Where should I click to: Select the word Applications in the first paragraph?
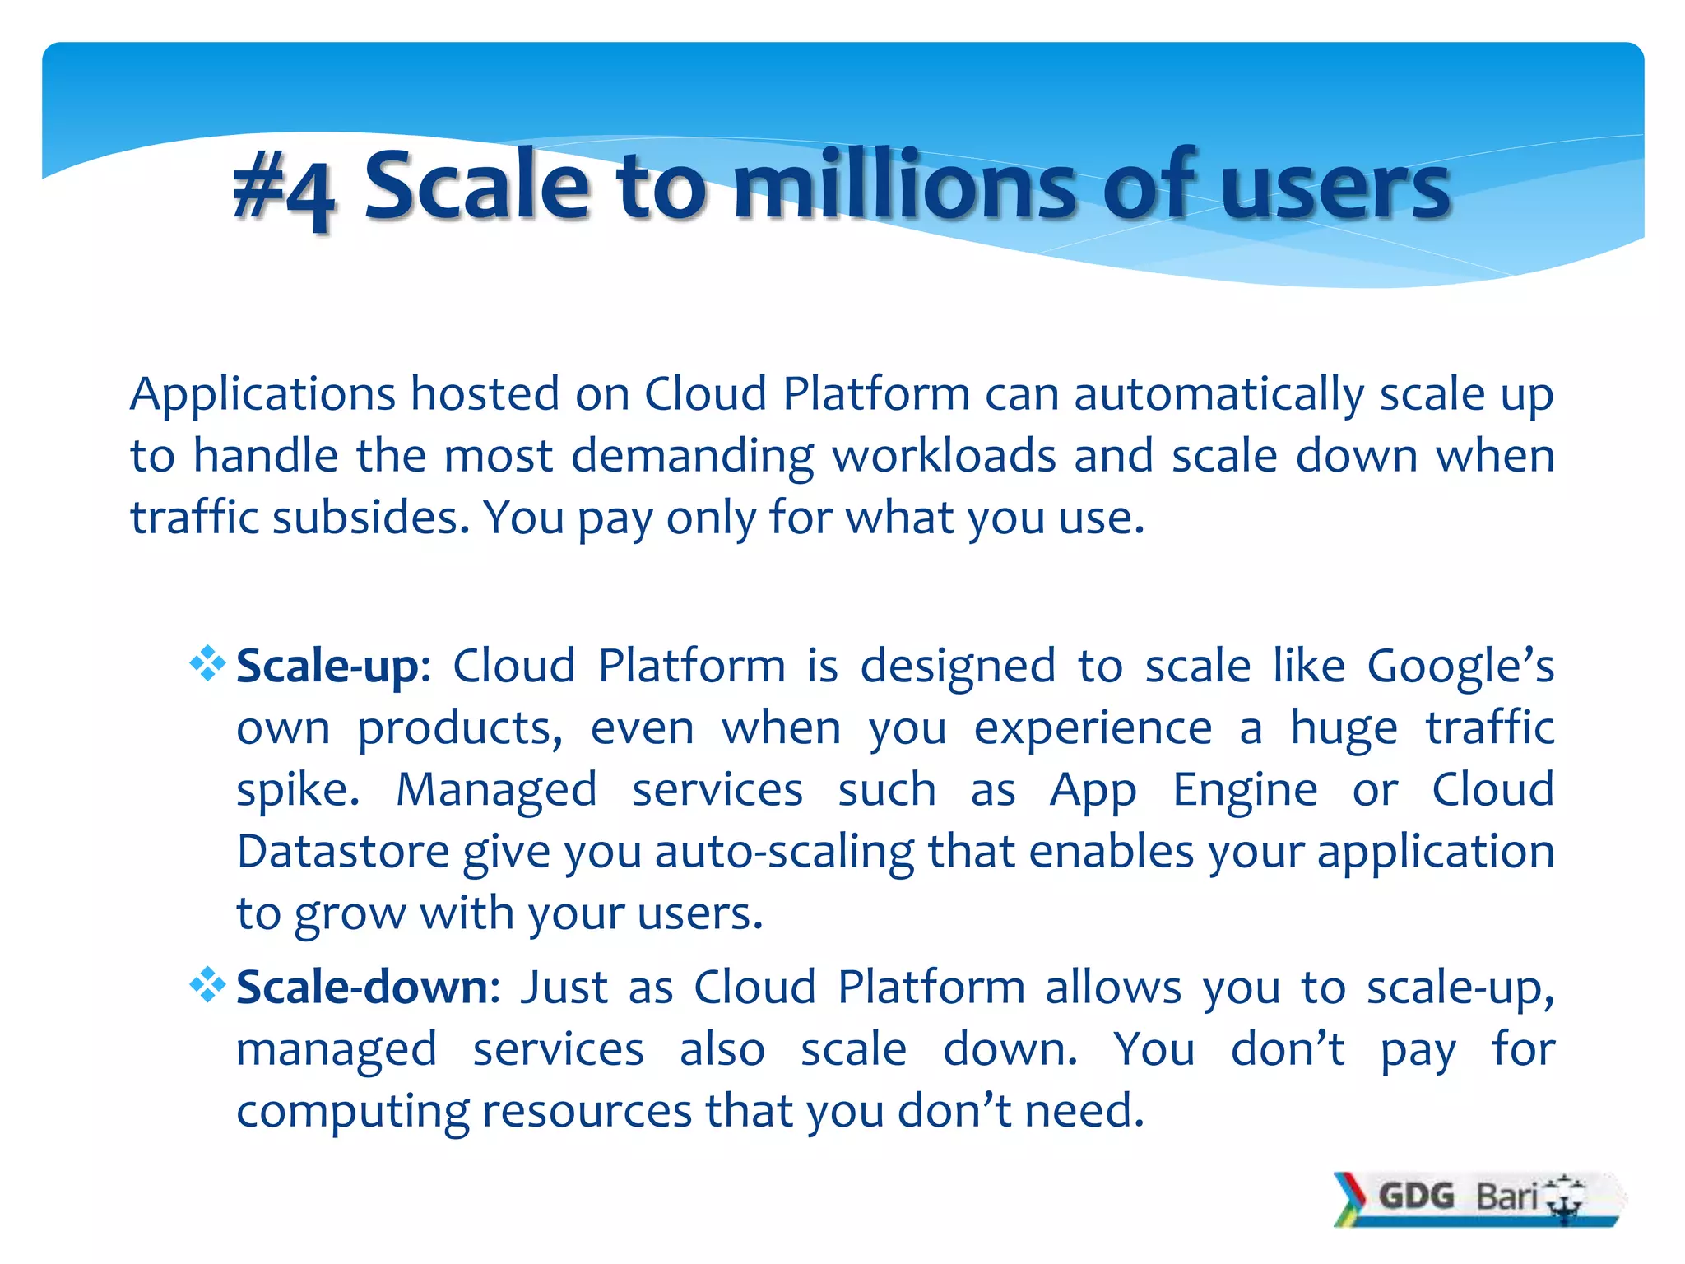pyautogui.click(x=263, y=394)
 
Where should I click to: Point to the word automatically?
pyautogui.click(x=1218, y=394)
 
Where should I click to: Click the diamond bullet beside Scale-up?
pyautogui.click(x=207, y=663)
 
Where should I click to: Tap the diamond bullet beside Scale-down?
pyautogui.click(x=207, y=984)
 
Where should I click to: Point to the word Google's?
pyautogui.click(x=1460, y=666)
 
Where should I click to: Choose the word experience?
pyautogui.click(x=1093, y=729)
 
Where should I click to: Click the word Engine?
pyautogui.click(x=1245, y=790)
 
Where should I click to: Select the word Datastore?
pyautogui.click(x=342, y=851)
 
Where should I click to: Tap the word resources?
pyautogui.click(x=587, y=1111)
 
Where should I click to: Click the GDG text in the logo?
pyautogui.click(x=1417, y=1196)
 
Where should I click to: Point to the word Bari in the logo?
pyautogui.click(x=1506, y=1196)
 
